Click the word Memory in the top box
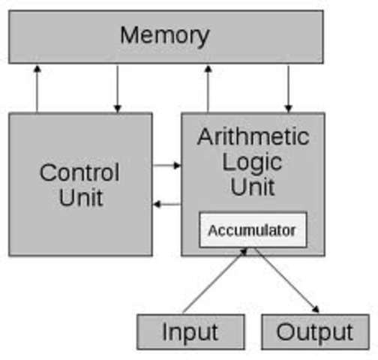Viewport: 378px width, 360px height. coord(164,35)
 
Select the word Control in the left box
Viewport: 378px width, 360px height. coord(79,172)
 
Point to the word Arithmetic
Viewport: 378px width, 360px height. coord(253,137)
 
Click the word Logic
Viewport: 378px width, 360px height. coord(253,162)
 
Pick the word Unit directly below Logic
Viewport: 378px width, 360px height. coord(253,187)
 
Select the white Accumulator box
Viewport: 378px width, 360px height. coord(252,230)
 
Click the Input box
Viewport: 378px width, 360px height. coord(190,331)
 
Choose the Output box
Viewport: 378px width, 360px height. coord(315,331)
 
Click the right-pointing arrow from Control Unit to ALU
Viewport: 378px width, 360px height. coord(166,165)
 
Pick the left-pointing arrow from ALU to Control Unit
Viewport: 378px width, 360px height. coord(166,204)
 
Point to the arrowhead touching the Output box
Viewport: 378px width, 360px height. coord(316,308)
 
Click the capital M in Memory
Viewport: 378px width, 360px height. coord(130,35)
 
